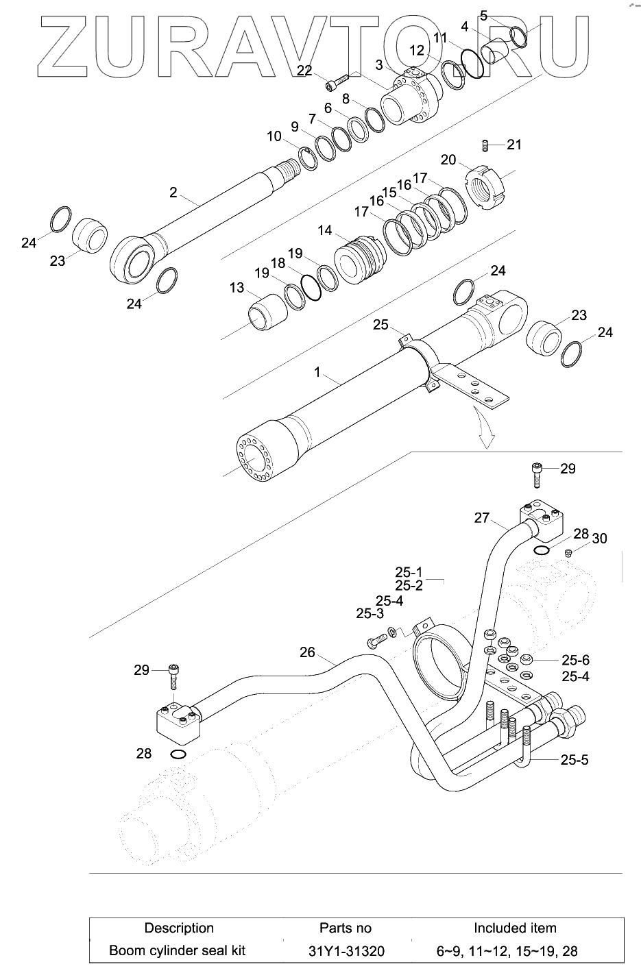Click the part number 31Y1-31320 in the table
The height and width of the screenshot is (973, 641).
(346, 951)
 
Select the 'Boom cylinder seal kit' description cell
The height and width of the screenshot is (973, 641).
(178, 950)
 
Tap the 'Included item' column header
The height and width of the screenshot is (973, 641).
(515, 928)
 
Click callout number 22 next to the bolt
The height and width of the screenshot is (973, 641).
(304, 71)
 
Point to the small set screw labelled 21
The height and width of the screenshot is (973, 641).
(485, 145)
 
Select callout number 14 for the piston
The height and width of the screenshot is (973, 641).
(325, 230)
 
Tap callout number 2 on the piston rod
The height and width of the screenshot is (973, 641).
(173, 192)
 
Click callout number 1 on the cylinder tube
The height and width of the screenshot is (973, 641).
(317, 372)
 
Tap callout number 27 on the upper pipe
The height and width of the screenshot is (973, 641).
(482, 518)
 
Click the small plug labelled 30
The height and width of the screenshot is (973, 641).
(568, 552)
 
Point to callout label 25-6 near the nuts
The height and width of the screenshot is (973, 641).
(575, 661)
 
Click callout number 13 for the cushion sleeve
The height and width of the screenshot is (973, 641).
(237, 288)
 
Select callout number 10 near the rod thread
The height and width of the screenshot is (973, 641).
(274, 136)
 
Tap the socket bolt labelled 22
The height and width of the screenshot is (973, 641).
(337, 82)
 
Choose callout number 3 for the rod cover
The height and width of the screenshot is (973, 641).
(379, 65)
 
